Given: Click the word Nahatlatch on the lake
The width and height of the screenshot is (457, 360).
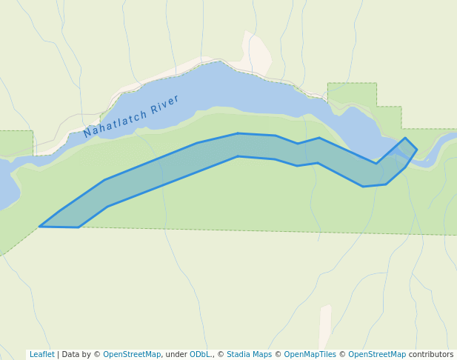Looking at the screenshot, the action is click(x=115, y=123).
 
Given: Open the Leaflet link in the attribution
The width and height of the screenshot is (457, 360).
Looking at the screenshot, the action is click(x=41, y=355).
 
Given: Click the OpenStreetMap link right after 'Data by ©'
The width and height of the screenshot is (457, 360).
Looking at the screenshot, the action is click(x=131, y=355).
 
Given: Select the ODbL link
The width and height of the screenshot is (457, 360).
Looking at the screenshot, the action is click(x=200, y=355).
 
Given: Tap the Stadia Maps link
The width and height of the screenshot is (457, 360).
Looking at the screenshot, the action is click(x=249, y=355).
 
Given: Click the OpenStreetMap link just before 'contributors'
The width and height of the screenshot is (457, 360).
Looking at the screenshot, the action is click(x=376, y=355).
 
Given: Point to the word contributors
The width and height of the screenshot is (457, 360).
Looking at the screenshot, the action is click(x=431, y=355).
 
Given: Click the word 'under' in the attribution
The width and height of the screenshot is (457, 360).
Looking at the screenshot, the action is click(x=176, y=355).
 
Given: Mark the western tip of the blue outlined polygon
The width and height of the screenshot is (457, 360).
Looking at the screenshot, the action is click(x=40, y=226).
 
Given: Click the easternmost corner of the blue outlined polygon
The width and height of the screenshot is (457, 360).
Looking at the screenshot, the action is click(x=416, y=150).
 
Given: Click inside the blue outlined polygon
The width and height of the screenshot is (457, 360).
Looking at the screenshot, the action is click(x=222, y=152).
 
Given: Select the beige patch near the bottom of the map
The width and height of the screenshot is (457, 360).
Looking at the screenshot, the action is click(x=324, y=326).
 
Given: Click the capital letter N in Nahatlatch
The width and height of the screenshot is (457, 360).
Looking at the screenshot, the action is click(x=87, y=133).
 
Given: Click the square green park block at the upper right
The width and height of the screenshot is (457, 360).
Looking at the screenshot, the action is click(x=352, y=93).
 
